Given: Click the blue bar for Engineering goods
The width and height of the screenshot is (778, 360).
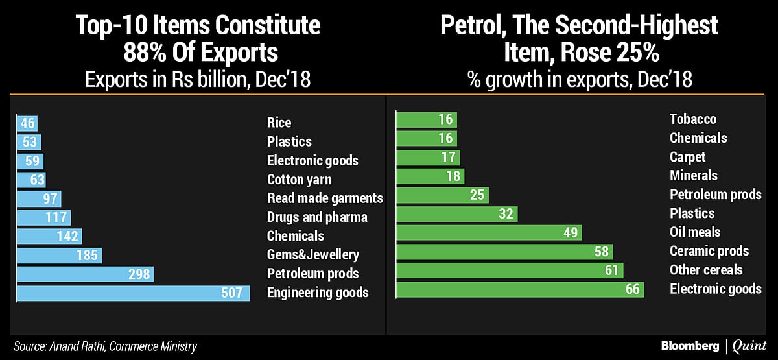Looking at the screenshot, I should point(133,293).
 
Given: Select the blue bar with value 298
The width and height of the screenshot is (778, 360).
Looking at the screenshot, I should point(85,274).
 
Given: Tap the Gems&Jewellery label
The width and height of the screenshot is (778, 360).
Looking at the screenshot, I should point(312,255).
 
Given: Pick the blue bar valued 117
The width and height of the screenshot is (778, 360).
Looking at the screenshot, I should point(43,217).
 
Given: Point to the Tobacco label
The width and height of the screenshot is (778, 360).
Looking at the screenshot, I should point(693,119).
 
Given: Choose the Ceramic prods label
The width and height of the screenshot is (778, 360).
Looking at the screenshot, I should point(709,252).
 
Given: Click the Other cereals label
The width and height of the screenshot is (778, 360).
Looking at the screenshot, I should point(706,270).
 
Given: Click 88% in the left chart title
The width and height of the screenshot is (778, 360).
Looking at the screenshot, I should point(100,52).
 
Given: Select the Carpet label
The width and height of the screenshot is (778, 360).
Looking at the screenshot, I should point(687,158).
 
